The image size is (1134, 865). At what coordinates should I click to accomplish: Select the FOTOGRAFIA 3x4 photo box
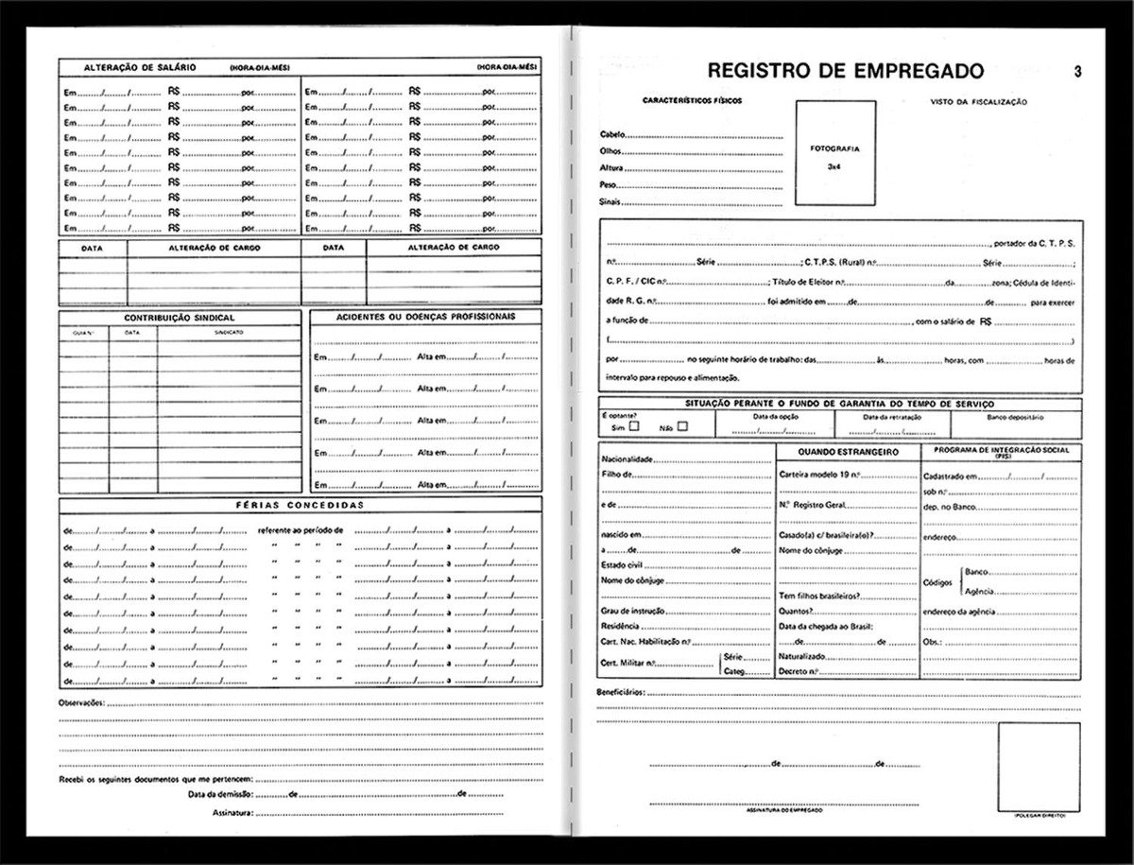click(x=834, y=156)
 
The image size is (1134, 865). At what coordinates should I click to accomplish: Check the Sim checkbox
click(x=634, y=426)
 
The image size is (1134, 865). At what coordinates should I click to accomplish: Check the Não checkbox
click(x=682, y=426)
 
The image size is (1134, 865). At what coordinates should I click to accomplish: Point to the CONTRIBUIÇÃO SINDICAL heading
click(x=180, y=318)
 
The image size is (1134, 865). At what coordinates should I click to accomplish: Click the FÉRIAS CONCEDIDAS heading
click(x=300, y=505)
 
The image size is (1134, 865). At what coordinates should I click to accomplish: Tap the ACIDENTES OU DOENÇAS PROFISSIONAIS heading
click(x=425, y=316)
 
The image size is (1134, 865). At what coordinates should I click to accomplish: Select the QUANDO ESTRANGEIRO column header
click(x=847, y=452)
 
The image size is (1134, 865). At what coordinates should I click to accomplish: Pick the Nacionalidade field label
click(x=627, y=458)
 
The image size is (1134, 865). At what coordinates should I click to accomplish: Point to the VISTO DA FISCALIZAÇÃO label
click(x=978, y=101)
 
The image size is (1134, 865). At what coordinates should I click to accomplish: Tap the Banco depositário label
click(x=1015, y=416)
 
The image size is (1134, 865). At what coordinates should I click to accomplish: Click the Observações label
click(x=81, y=704)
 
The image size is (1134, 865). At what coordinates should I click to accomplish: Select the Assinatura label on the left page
click(x=231, y=812)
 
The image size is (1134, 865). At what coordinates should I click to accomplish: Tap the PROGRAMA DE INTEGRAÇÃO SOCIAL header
click(x=1001, y=449)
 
